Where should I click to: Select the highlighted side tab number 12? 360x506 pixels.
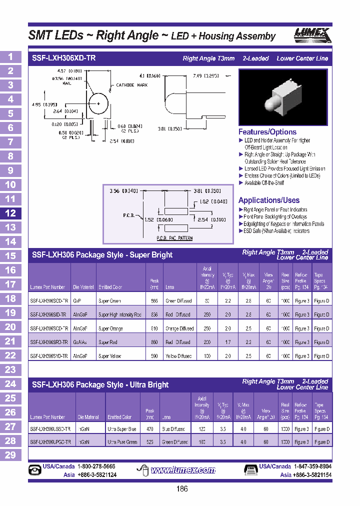10,213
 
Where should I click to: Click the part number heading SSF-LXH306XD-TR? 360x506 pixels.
63,58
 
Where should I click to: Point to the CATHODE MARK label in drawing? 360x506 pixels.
132,85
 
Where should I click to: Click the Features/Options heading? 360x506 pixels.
267,132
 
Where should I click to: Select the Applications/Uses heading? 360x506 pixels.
269,200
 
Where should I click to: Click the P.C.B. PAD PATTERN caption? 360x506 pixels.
174,238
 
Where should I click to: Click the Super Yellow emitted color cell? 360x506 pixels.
110,356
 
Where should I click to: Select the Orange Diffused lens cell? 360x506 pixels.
179,328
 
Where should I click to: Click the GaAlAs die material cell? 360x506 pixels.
80,342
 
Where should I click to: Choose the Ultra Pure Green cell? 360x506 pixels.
122,442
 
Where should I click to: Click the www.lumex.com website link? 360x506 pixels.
183,470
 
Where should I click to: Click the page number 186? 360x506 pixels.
182,488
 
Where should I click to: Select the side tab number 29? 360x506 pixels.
10,455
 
